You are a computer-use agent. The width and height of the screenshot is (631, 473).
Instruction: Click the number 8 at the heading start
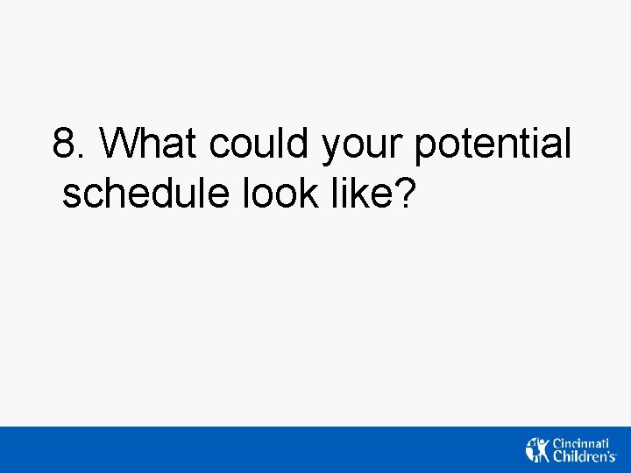point(64,144)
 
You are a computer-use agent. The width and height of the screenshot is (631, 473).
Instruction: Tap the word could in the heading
point(260,144)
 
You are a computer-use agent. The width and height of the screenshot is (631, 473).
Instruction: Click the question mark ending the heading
point(404,194)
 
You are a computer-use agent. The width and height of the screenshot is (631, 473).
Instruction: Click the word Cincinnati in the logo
point(584,442)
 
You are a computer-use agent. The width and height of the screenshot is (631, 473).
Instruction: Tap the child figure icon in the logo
point(536,449)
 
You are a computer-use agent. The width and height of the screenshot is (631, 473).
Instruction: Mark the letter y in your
point(331,149)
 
